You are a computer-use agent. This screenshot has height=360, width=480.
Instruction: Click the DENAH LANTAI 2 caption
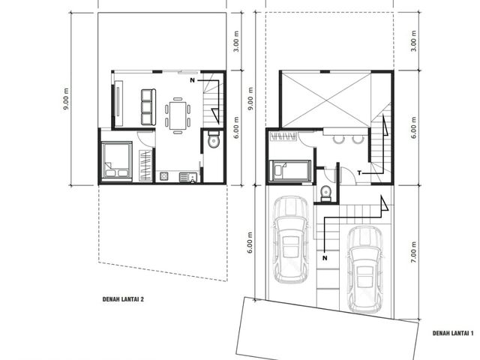click(x=123, y=299)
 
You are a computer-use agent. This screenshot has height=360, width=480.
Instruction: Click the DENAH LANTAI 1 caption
click(x=453, y=333)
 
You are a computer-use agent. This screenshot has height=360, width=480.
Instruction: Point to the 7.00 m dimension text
click(x=413, y=252)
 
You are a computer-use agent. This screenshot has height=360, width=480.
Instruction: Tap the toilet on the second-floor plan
click(x=213, y=139)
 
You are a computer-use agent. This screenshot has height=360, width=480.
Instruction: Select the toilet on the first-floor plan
click(x=325, y=193)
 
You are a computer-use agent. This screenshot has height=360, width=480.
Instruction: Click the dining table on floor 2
click(x=178, y=115)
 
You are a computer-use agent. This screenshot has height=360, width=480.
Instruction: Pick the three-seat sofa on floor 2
click(x=148, y=106)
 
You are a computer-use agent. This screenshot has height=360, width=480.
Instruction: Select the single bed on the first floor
click(x=290, y=170)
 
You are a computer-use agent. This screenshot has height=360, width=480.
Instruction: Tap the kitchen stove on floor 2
click(x=164, y=176)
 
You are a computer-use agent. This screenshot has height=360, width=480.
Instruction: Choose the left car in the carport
click(x=290, y=239)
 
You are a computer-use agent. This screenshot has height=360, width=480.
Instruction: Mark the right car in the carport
click(x=365, y=270)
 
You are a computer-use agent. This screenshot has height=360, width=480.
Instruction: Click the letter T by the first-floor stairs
click(x=359, y=173)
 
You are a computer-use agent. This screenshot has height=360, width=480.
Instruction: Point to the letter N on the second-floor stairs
click(x=192, y=80)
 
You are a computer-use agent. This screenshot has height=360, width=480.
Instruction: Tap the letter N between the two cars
click(x=325, y=258)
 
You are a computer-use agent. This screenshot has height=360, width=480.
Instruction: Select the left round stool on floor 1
click(x=338, y=139)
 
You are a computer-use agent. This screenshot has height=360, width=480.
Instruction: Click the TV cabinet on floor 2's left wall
click(x=118, y=103)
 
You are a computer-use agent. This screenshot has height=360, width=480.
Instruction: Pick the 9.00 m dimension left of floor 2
click(x=66, y=100)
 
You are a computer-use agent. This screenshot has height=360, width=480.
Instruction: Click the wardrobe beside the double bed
click(x=145, y=165)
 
